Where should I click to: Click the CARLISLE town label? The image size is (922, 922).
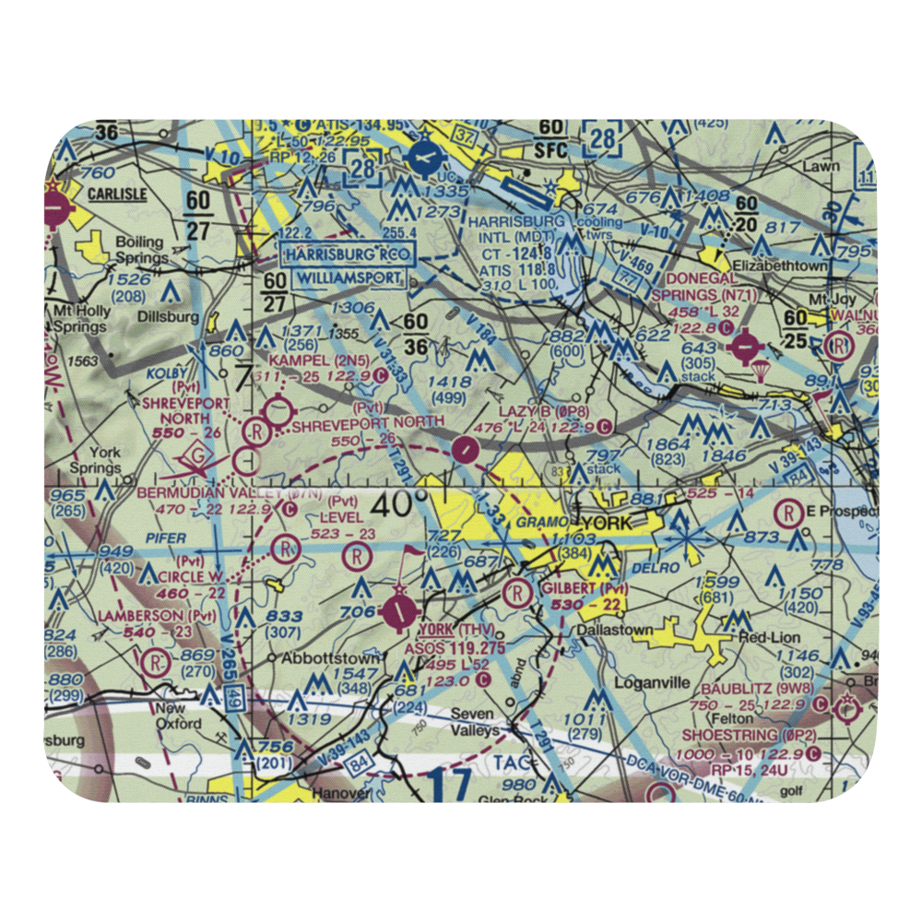[117, 194]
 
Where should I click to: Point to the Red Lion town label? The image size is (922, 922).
[767, 638]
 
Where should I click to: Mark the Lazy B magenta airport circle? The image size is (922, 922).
[467, 451]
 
